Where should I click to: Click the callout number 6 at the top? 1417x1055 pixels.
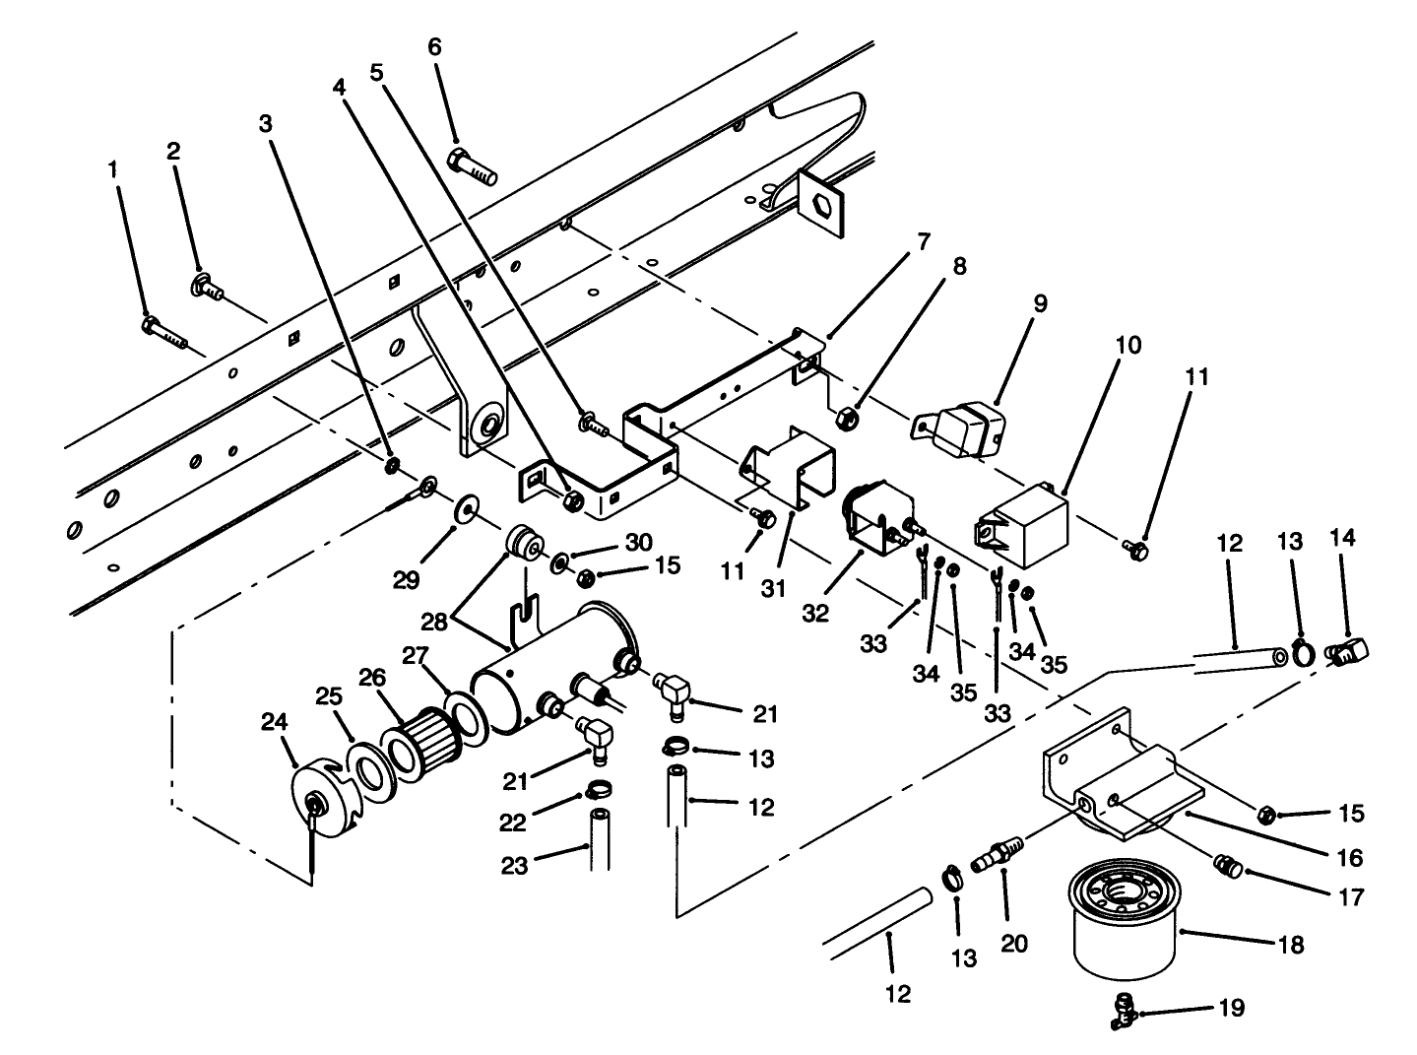[x=434, y=47]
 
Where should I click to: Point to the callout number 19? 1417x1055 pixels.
[x=1231, y=1008]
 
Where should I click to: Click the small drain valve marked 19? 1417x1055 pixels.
[x=1123, y=1009]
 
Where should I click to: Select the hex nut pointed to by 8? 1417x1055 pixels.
[x=844, y=419]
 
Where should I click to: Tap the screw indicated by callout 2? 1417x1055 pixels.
[x=206, y=287]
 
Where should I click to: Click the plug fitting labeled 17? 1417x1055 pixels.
[x=1227, y=865]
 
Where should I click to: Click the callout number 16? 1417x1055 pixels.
[x=1351, y=858]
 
